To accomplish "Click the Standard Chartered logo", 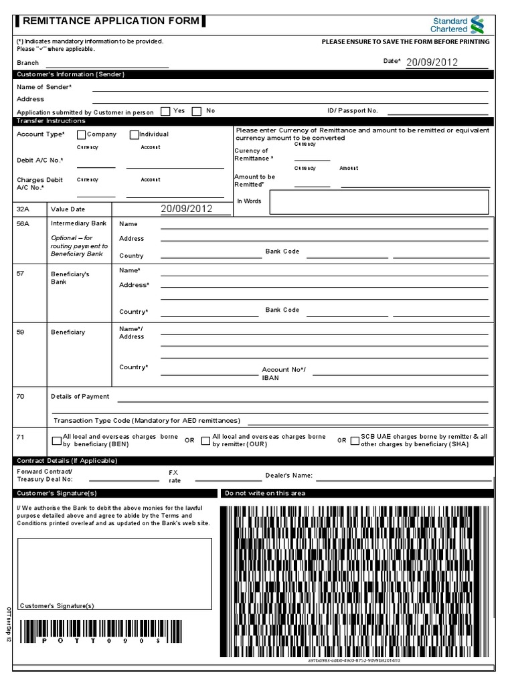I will [456, 25].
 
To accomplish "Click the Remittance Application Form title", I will [111, 21].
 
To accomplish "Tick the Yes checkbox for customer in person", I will [165, 111].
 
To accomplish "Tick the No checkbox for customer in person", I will [197, 111].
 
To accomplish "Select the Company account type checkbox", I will [82, 134].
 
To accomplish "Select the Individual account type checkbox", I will [134, 134].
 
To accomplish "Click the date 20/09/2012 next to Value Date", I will [186, 209].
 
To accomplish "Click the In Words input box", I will [379, 201].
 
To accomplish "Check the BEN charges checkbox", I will [56, 440].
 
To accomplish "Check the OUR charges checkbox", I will [205, 440].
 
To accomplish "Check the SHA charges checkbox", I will [354, 440].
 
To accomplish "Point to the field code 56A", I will [23, 224].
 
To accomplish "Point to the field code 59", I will [20, 332].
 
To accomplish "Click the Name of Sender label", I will [44, 87].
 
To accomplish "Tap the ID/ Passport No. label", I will [353, 110].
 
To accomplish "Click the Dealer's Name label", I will [288, 476].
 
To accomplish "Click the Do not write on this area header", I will [265, 493].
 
